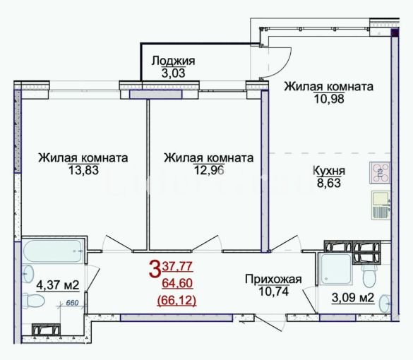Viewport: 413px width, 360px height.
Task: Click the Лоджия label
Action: pos(173,61)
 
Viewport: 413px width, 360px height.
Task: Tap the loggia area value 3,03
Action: pos(173,73)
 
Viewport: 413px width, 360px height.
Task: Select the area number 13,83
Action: pos(83,170)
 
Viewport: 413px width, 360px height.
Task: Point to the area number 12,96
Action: pos(209,170)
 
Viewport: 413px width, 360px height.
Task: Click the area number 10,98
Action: pos(329,99)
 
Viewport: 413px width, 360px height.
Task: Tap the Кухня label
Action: pos(329,171)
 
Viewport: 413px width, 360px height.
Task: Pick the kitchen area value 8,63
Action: pos(329,183)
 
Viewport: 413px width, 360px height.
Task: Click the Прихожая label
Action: pos(273,280)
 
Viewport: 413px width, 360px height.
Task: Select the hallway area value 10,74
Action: pos(274,292)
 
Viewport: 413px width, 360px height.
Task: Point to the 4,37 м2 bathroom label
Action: pos(58,284)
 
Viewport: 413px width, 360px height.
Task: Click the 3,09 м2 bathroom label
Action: pos(353,298)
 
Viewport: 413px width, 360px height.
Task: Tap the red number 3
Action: pos(155,268)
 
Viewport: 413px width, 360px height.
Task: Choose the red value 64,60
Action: pos(177,283)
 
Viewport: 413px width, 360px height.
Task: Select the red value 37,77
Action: pos(177,267)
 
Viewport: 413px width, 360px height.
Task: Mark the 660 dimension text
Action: pos(72,303)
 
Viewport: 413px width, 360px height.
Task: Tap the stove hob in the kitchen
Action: pos(380,173)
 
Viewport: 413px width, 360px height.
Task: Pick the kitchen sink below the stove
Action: pos(381,205)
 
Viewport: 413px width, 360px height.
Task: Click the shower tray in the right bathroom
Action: pos(335,269)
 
